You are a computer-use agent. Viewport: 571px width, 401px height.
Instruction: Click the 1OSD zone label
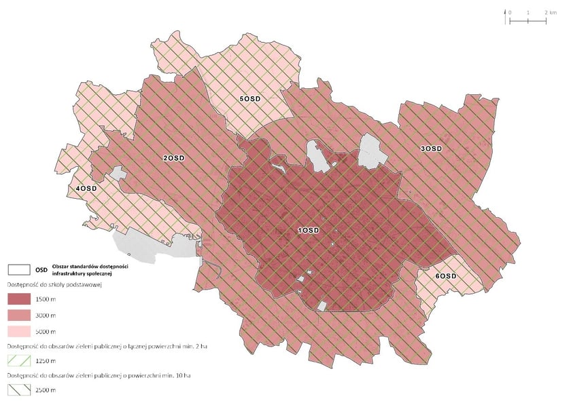tap(309, 230)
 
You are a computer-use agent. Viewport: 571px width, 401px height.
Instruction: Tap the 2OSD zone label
tap(173, 158)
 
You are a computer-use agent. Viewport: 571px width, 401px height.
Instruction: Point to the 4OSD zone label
tap(86, 188)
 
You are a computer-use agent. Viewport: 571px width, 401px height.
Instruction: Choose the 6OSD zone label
tap(446, 277)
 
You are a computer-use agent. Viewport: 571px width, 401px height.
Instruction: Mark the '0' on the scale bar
tap(511, 12)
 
